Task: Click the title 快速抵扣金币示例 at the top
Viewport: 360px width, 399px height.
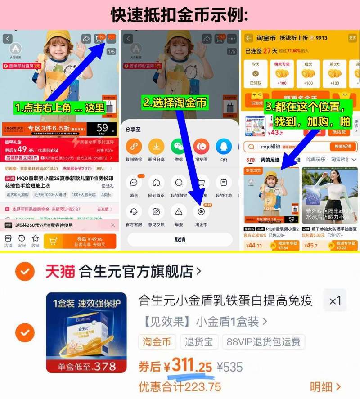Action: pyautogui.click(x=180, y=15)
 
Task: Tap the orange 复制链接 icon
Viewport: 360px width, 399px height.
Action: pyautogui.click(x=134, y=147)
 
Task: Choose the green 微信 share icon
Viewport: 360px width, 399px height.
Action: pyautogui.click(x=179, y=147)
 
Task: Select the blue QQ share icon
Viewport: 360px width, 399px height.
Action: pyautogui.click(x=224, y=147)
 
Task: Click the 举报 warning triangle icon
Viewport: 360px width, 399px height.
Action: pyautogui.click(x=179, y=211)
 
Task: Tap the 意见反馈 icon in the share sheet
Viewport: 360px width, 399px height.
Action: pyautogui.click(x=156, y=211)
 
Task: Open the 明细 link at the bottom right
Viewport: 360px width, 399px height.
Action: pyautogui.click(x=325, y=387)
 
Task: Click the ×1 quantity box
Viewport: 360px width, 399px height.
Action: pyautogui.click(x=335, y=301)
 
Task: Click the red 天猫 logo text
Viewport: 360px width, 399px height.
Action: pyautogui.click(x=60, y=271)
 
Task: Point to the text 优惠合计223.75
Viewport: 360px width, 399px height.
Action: pyautogui.click(x=180, y=387)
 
